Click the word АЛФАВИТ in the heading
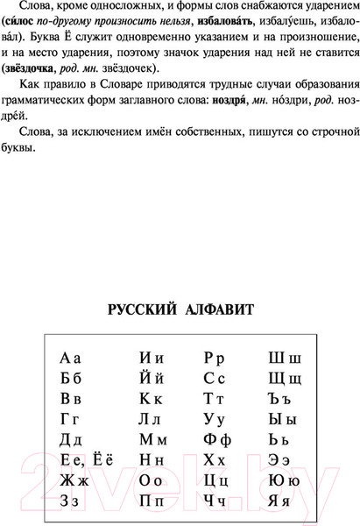(x=215, y=309)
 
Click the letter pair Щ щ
(x=286, y=378)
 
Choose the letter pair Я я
(x=286, y=501)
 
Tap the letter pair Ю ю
(x=286, y=480)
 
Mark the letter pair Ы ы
(x=286, y=418)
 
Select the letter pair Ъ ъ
(x=284, y=398)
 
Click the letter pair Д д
(x=70, y=438)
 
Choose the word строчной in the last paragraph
(x=300, y=130)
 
